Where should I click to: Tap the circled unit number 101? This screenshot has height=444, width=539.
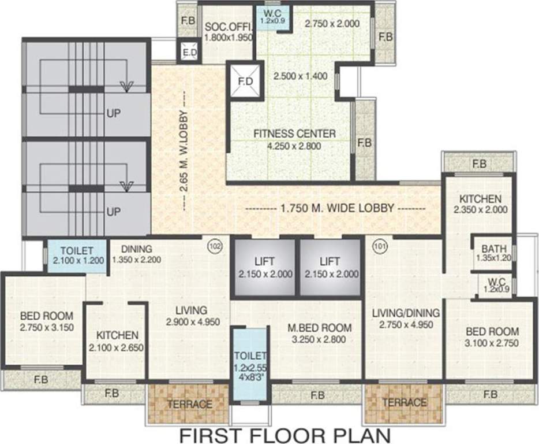[x=380, y=246]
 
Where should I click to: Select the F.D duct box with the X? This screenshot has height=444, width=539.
[x=245, y=82]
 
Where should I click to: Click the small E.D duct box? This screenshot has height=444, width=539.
[x=188, y=51]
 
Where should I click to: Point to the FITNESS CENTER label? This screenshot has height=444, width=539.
[x=294, y=134]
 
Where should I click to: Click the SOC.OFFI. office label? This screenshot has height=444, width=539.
[x=229, y=27]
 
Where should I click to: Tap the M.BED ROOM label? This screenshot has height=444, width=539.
[x=320, y=328]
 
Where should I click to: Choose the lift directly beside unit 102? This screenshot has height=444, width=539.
[x=265, y=267]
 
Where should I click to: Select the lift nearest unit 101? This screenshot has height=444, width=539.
[x=330, y=267]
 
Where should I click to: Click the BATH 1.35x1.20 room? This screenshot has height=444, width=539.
[x=493, y=253]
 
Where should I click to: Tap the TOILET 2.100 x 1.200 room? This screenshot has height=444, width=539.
[x=76, y=256]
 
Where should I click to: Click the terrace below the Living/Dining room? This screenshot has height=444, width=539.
[x=404, y=404]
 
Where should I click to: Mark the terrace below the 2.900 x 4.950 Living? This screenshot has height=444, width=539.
[x=189, y=404]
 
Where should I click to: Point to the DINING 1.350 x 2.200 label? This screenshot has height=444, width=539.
[x=136, y=254]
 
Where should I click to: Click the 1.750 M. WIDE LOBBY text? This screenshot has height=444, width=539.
[x=337, y=208]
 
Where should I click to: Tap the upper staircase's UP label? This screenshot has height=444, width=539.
[x=114, y=113]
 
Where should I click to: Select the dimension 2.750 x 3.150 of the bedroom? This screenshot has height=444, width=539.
[x=47, y=327]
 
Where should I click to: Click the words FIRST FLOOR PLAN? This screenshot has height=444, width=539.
[x=285, y=435]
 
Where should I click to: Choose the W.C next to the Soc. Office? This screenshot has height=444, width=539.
[x=272, y=17]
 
